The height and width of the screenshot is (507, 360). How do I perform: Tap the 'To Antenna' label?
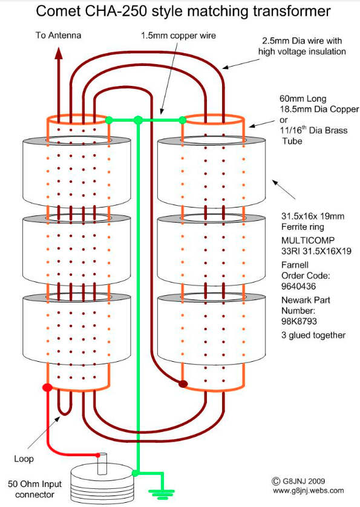coord(58,35)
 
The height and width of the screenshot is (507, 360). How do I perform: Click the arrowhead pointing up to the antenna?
coord(59,53)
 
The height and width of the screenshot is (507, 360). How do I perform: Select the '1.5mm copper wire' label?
coord(178,36)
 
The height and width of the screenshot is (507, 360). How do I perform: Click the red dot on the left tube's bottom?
coord(48,387)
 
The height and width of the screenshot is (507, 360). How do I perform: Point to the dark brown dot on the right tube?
coord(183,384)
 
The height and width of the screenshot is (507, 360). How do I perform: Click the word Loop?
coord(24,459)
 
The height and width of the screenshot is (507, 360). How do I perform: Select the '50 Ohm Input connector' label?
coord(34,489)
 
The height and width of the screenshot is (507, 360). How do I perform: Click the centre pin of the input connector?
coord(102,463)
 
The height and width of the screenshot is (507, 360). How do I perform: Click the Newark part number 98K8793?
coord(299,321)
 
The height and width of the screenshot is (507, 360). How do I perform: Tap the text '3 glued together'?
coord(313,335)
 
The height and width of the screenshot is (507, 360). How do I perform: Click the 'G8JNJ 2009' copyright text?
coord(298,481)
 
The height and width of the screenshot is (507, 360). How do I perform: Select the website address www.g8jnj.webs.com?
coord(308,491)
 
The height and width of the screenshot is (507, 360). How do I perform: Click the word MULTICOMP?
coord(308,241)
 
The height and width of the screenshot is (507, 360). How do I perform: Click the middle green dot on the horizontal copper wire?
coord(138,120)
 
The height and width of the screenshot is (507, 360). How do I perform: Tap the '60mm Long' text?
coord(303,99)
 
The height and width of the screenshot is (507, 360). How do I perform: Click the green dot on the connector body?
coord(135,473)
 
